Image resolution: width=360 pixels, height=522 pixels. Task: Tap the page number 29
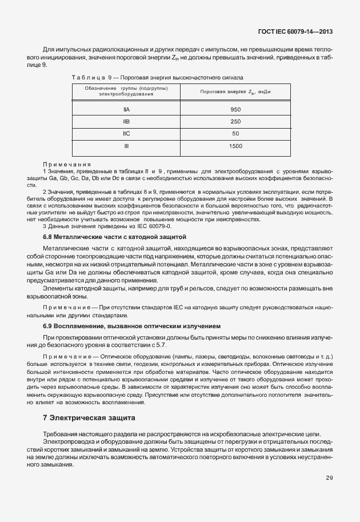pos(330,478)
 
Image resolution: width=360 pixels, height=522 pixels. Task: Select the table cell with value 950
pos(235,109)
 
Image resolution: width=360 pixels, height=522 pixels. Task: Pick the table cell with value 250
pos(235,121)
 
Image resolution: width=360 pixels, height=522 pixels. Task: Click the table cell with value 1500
pos(235,146)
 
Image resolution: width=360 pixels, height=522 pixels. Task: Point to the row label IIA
pos(126,109)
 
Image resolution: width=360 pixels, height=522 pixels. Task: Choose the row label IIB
pos(126,121)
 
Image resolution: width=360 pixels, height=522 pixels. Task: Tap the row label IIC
pos(126,134)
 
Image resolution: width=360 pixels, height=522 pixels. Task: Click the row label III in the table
pos(126,146)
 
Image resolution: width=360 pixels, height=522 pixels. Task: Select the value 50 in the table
pos(235,134)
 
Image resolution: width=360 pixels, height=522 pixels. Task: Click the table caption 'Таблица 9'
pos(87,76)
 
